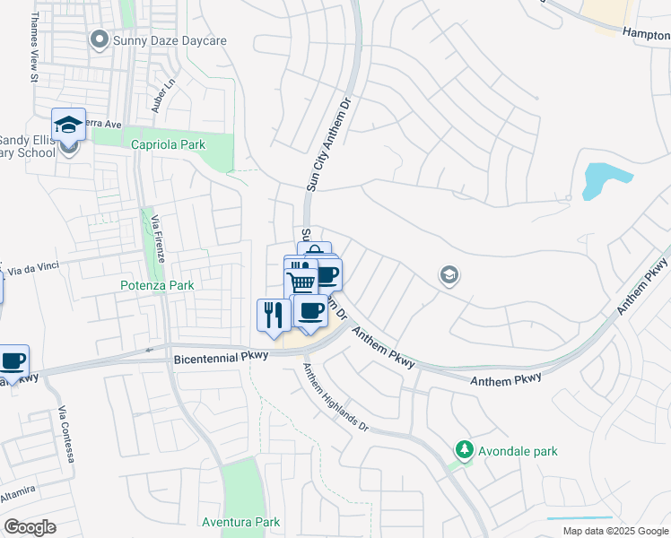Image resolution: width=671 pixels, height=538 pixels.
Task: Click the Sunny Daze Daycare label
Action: pos(169,40)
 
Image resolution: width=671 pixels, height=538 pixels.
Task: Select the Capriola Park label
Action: pos(168,145)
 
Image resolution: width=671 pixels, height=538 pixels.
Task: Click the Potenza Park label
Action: pos(157,285)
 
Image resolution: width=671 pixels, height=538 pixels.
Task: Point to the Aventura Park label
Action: pos(240,522)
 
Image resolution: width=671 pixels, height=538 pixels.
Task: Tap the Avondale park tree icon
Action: pos(464,450)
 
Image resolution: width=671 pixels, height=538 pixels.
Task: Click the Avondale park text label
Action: pos(518,451)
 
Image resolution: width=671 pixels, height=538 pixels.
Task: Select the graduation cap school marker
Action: pos(68,126)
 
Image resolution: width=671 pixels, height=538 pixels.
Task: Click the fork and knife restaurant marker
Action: pos(273,315)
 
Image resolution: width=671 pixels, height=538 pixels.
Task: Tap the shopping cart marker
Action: pos(302,283)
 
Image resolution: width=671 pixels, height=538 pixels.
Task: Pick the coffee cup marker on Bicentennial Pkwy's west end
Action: pos(13,361)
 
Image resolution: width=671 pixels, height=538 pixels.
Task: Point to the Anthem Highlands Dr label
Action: pos(335,398)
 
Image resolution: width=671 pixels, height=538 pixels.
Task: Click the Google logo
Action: pos(30,527)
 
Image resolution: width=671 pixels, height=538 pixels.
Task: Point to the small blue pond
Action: pos(596,179)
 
